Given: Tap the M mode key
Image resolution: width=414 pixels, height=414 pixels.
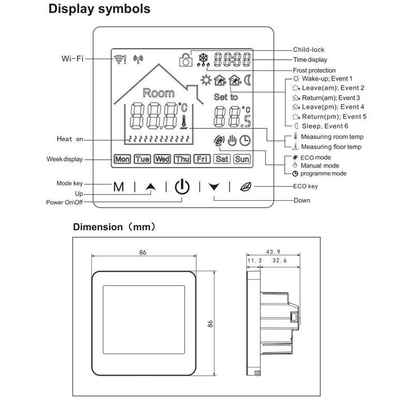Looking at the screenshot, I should (x=119, y=187).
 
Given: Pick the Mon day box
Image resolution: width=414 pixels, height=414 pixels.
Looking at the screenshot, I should (x=122, y=159).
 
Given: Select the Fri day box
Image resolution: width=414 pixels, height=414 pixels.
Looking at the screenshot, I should (x=202, y=159).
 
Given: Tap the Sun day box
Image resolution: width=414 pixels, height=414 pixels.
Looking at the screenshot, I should (x=242, y=159).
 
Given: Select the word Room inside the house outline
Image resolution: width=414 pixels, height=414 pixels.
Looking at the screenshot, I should (x=158, y=93).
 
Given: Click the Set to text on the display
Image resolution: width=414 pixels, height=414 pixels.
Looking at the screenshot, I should (x=226, y=97).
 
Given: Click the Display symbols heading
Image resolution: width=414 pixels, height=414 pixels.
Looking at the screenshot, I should (x=99, y=9).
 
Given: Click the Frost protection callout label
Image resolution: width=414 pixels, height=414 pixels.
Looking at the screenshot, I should (x=314, y=70).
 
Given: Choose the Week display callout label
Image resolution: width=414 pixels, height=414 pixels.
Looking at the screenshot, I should (x=64, y=159).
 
